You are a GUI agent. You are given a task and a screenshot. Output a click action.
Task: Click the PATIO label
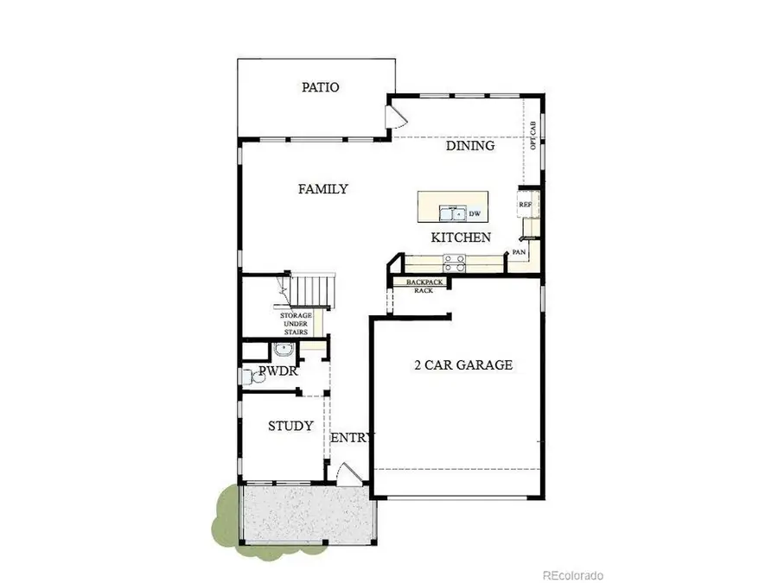(319, 87)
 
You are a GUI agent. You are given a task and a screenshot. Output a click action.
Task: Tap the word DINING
(470, 146)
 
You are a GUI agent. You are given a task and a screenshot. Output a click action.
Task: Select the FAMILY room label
(323, 189)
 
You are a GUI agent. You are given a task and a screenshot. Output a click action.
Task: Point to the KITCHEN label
(462, 238)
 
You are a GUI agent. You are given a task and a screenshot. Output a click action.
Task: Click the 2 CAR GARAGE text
(463, 365)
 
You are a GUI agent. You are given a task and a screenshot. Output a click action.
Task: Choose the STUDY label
(290, 426)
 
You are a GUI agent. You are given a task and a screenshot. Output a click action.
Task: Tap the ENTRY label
(351, 437)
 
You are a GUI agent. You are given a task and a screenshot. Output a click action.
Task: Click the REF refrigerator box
(526, 205)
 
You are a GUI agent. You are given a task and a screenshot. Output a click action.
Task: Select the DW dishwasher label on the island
(474, 212)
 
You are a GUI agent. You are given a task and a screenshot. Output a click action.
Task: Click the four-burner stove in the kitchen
(454, 259)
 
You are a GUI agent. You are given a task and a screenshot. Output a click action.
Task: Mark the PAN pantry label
(519, 251)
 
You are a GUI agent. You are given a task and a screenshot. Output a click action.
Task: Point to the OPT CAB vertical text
(532, 135)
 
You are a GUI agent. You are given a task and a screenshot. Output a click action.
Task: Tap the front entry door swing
(346, 472)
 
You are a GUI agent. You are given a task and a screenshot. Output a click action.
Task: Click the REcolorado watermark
(572, 574)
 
